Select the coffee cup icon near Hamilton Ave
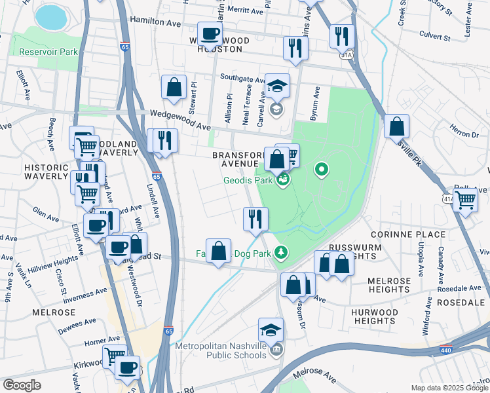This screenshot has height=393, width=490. point(210,33)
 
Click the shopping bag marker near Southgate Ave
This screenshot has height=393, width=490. point(174,87)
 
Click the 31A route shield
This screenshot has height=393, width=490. point(347,55)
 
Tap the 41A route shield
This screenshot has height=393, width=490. point(449,198)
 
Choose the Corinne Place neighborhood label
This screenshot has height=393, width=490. point(408,234)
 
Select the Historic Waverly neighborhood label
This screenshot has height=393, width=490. point(46,172)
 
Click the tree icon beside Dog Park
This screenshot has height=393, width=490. point(280,252)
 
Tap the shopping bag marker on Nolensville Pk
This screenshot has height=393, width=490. point(396,125)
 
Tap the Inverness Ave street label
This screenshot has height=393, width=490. point(82,291)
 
